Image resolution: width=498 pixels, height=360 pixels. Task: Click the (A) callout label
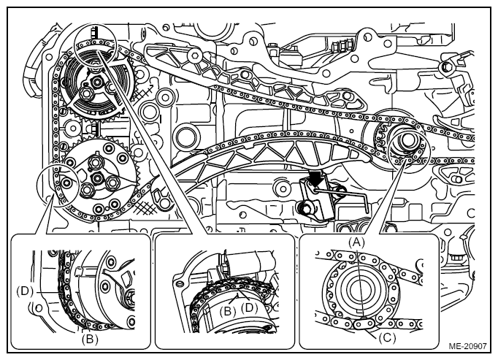point(356,242)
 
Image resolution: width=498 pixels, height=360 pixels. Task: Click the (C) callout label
point(388,338)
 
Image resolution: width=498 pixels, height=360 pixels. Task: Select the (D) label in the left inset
point(25,291)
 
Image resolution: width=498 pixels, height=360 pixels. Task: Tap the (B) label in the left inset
point(90,340)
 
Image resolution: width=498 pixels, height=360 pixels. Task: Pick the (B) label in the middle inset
point(228,311)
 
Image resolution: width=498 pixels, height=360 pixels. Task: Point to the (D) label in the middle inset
point(250,307)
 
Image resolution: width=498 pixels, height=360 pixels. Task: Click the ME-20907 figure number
point(467,346)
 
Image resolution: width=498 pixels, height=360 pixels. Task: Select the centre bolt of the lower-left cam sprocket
point(97,178)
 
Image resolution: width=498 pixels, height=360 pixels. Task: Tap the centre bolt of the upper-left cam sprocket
point(97,83)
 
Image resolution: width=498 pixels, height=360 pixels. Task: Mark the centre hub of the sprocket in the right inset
point(358,289)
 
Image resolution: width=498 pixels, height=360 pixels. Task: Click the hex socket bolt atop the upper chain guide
point(194,55)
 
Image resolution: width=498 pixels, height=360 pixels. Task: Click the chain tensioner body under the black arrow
point(318,199)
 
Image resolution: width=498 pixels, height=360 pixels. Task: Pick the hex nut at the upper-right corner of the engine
point(445,67)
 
